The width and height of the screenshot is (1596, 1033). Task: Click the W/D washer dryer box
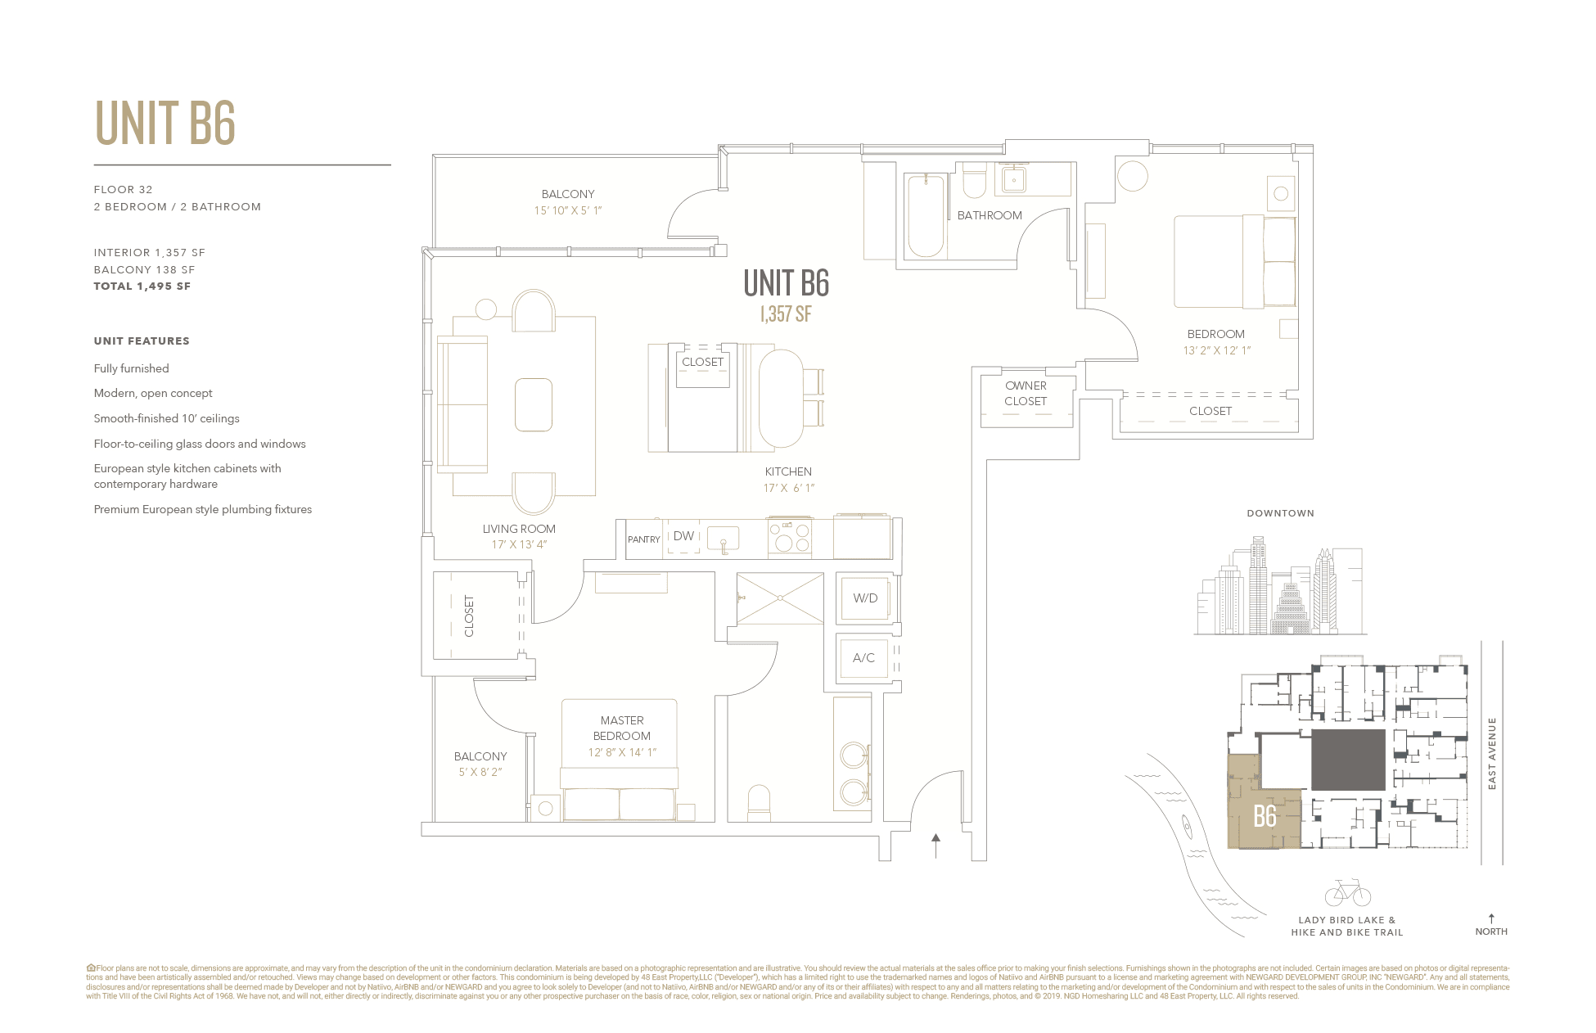click(865, 598)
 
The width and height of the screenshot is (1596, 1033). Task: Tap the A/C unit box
click(863, 658)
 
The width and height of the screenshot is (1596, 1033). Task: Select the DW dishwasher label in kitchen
click(683, 536)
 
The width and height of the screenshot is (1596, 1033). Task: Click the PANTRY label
click(643, 539)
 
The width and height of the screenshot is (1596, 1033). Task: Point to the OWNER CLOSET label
click(1026, 394)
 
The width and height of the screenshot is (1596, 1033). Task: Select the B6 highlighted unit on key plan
click(1265, 815)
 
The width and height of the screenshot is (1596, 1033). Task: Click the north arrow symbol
click(1491, 919)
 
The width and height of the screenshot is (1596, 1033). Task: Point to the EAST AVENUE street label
click(1492, 753)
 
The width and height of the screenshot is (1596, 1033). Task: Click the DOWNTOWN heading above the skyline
click(1280, 513)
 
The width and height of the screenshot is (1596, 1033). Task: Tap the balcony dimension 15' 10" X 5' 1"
click(567, 210)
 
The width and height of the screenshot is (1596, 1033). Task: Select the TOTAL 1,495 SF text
click(142, 286)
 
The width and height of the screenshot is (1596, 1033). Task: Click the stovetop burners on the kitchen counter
click(790, 537)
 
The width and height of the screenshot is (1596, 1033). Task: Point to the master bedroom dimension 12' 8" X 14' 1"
click(622, 752)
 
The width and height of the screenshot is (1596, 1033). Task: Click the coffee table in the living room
click(533, 404)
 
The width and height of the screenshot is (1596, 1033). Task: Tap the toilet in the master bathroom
click(759, 801)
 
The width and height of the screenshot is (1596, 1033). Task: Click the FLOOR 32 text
click(123, 190)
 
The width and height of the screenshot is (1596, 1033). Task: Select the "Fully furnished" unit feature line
click(131, 368)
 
